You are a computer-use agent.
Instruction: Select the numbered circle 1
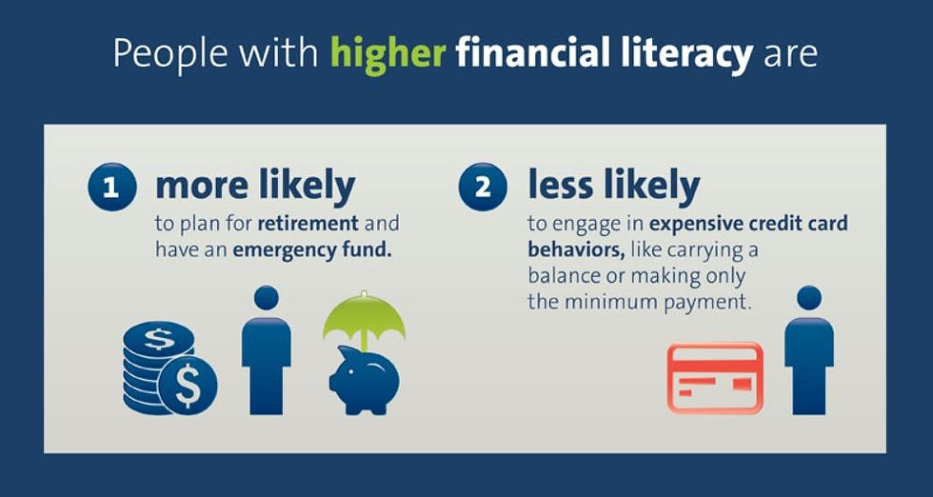112,187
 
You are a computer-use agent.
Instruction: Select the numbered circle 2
483,187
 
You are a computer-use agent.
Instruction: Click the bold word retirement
308,224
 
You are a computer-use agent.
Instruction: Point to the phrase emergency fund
312,249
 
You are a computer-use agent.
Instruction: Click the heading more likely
255,187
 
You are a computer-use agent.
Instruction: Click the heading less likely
614,187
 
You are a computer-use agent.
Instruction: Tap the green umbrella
364,315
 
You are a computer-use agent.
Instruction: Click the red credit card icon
715,377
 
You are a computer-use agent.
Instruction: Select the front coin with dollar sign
189,385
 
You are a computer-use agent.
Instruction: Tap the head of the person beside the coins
266,298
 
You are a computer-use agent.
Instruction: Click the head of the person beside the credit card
809,298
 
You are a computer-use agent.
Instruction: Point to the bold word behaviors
576,249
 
